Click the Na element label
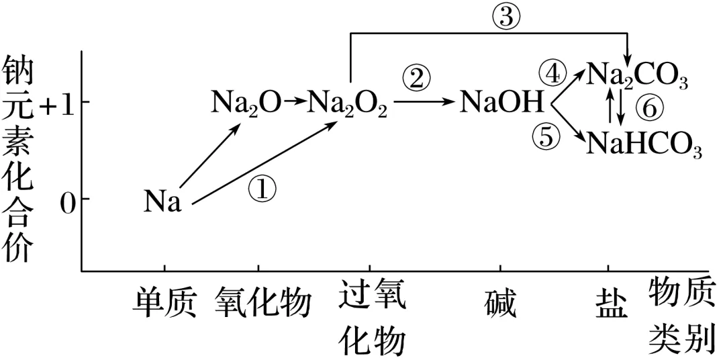click(x=162, y=201)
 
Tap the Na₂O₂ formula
click(x=348, y=104)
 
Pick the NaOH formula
click(x=501, y=104)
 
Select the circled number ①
click(x=262, y=189)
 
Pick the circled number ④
click(x=553, y=73)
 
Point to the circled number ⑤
click(x=545, y=136)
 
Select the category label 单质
click(x=164, y=304)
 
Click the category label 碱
click(x=501, y=304)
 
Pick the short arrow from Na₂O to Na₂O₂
click(x=294, y=103)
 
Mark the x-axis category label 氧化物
click(x=263, y=304)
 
